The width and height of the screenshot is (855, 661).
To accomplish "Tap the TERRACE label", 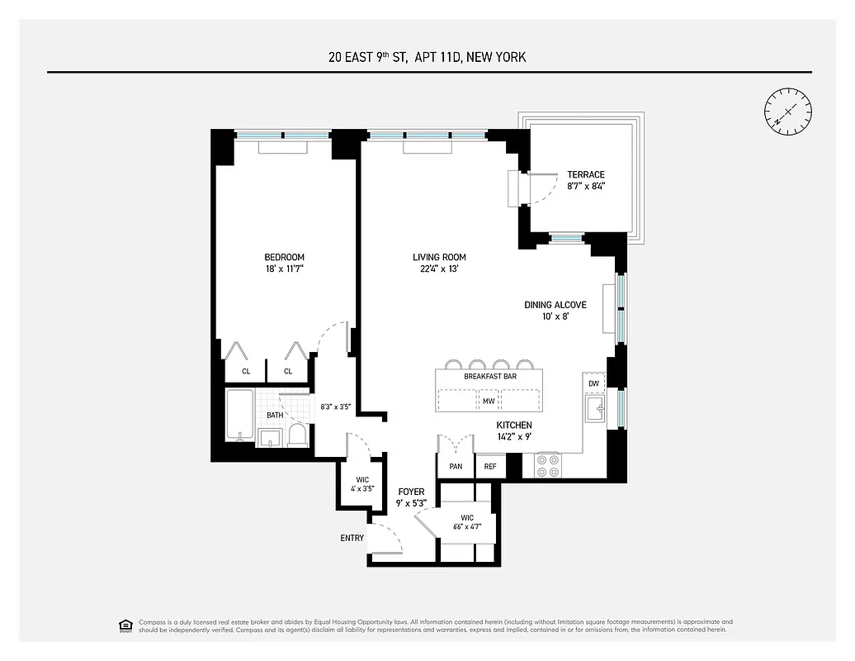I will point(585,174).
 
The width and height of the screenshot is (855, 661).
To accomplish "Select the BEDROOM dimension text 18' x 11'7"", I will point(284,269).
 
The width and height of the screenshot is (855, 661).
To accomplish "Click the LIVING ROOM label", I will point(440,257).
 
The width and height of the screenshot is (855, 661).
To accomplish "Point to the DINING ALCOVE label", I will point(555,305).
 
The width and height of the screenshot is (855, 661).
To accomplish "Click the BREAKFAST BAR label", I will point(489,376).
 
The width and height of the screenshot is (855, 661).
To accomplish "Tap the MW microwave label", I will point(489,402).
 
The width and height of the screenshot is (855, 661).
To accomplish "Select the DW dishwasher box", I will point(593,383).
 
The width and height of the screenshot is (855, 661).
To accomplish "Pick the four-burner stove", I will point(548,465).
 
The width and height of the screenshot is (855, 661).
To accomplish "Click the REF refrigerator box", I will point(489,466).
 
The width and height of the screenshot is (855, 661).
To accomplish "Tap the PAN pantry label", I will point(456,466).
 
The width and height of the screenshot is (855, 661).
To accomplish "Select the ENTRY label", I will point(352,538).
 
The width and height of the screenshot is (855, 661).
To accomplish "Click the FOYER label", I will point(411,492).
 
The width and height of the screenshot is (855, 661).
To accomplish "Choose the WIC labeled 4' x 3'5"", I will point(362,483).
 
